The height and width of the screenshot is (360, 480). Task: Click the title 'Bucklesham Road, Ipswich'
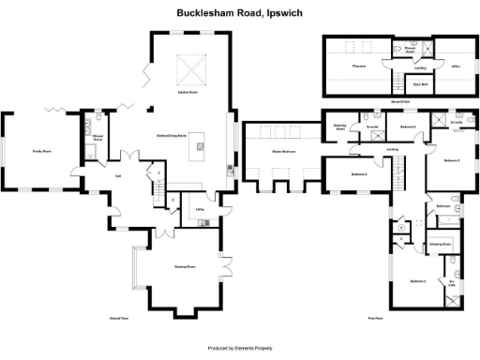[x=240, y=14]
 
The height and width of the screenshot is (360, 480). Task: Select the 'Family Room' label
[x=42, y=150]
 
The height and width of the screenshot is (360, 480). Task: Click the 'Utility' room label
[x=201, y=210]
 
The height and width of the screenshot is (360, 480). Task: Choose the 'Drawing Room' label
[x=185, y=267]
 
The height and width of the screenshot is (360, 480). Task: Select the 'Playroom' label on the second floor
[x=358, y=67]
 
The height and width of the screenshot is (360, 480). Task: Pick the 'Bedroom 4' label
[x=359, y=175]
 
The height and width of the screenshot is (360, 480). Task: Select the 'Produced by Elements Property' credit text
[x=240, y=346]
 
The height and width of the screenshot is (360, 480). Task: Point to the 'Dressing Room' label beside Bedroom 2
[x=441, y=244]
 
